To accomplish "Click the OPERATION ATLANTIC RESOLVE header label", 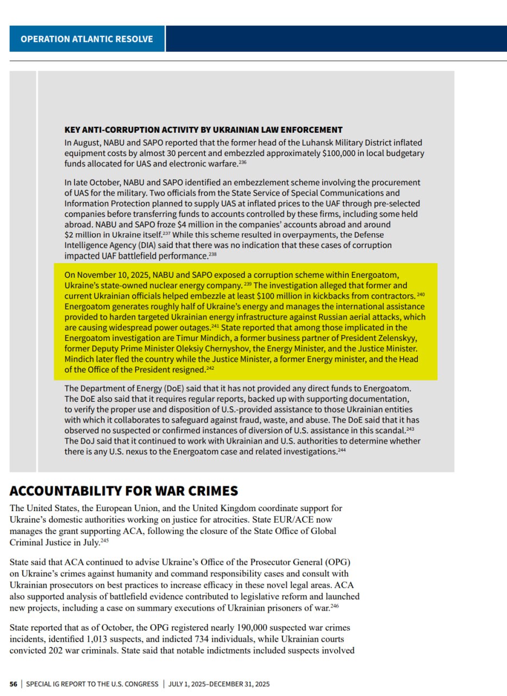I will (86, 39).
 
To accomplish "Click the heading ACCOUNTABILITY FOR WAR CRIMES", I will (124, 491).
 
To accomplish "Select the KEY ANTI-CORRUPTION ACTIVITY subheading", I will (203, 129).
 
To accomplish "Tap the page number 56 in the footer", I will (14, 683).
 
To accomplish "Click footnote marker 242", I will (211, 369).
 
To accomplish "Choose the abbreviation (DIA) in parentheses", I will (143, 245).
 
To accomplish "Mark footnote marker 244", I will (341, 451).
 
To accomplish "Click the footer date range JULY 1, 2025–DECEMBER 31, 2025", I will (219, 683).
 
